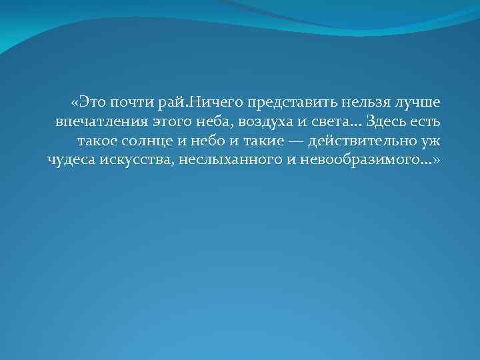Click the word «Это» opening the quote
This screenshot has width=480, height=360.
(x=89, y=103)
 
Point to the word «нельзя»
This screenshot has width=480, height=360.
(x=358, y=103)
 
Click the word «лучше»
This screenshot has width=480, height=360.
(x=416, y=103)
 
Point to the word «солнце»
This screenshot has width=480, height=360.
(x=151, y=141)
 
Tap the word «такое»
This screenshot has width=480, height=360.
(x=97, y=141)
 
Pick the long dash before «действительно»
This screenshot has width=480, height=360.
(x=294, y=141)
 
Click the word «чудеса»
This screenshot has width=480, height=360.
(x=71, y=161)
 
